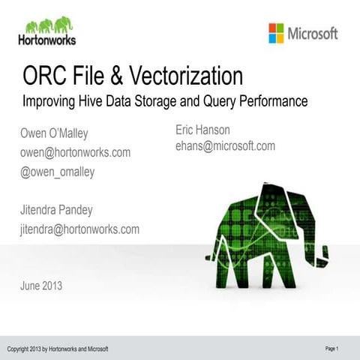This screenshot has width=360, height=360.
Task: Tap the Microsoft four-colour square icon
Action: click(276, 33)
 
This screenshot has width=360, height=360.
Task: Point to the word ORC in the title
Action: click(43, 76)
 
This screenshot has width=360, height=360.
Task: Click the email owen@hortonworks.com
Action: click(75, 152)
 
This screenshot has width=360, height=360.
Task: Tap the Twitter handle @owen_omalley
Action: click(57, 171)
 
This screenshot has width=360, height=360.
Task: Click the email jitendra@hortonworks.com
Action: click(79, 229)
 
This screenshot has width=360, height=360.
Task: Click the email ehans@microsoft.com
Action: click(225, 145)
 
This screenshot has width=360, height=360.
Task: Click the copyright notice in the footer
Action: click(58, 349)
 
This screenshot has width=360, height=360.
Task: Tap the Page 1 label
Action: click(332, 349)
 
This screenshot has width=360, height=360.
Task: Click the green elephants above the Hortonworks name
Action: click(46, 25)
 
